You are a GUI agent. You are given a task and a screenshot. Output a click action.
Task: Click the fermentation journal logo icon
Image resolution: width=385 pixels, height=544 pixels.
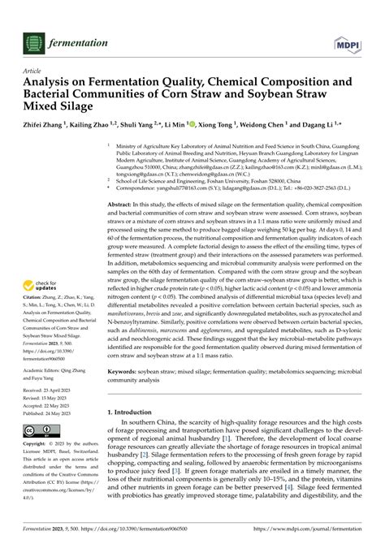pos(32,42)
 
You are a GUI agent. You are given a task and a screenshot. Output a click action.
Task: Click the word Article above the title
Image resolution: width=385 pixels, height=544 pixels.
pos(32,71)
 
